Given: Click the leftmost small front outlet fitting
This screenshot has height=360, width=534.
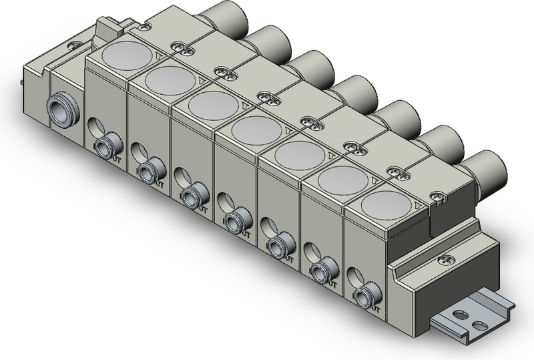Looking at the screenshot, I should pyautogui.click(x=104, y=146).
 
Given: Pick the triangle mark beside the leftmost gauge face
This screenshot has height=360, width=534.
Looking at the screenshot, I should pyautogui.click(x=156, y=57).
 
